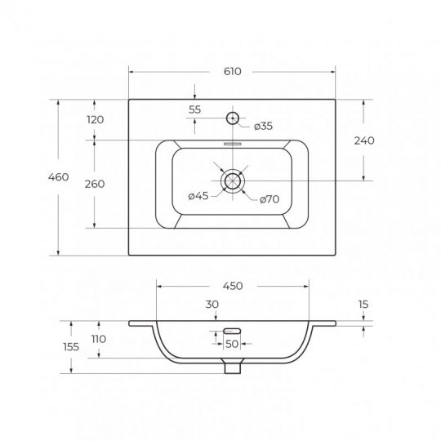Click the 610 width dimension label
pos(232,71)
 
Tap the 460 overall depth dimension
pos(58,177)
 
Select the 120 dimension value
pos(96,119)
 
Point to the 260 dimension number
pos(95,184)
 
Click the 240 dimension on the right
pos(364,140)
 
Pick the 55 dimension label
pos(195,109)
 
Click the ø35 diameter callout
pos(263,126)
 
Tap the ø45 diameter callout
pos(198,195)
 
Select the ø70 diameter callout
pos(269,199)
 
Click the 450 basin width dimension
pos(233,286)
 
